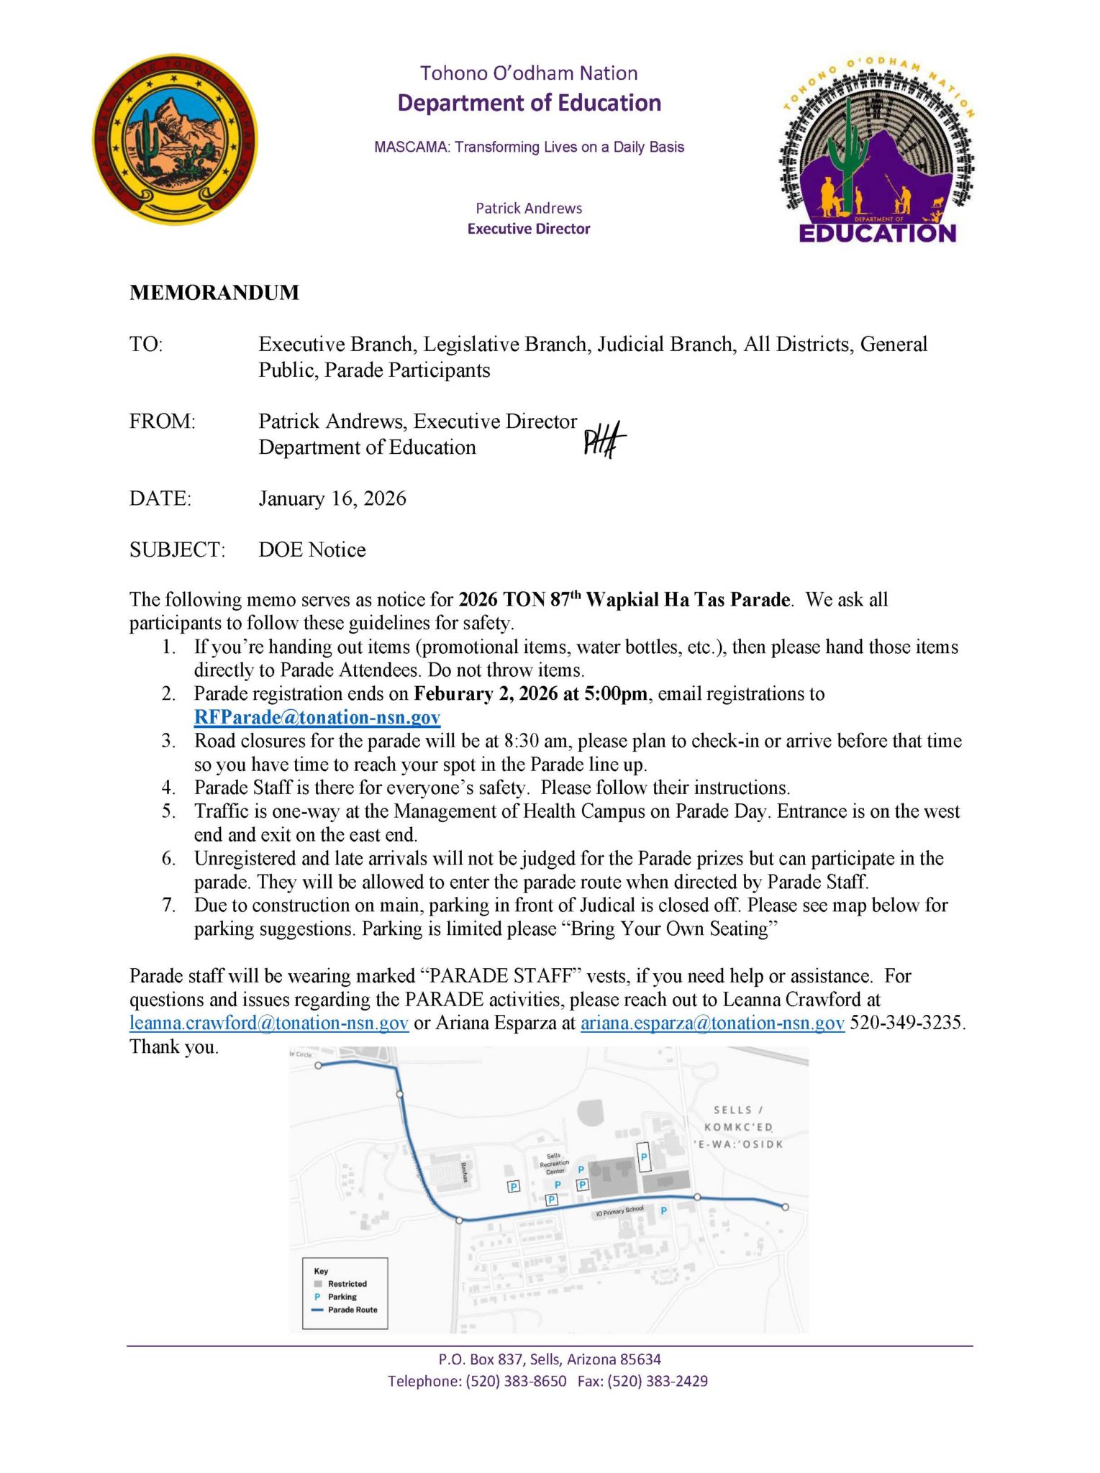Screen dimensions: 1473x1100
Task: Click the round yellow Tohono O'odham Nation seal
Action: [x=176, y=139]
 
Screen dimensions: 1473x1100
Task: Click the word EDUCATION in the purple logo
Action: [x=877, y=233]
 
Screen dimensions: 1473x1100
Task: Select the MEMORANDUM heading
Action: [x=214, y=293]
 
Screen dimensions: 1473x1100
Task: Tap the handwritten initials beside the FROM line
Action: [x=604, y=439]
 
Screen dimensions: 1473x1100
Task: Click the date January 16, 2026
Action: [x=332, y=498]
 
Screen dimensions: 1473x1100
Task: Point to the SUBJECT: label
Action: [x=177, y=550]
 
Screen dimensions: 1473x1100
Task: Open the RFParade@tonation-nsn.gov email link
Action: [x=317, y=717]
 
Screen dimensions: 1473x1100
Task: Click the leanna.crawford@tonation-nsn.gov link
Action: [x=269, y=1023]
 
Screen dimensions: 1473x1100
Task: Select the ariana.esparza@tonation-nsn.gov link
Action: [x=712, y=1023]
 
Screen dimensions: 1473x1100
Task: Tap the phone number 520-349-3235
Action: [x=906, y=1023]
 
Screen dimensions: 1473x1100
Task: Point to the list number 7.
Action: [x=169, y=905]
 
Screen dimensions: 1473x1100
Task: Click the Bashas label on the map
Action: [x=465, y=1172]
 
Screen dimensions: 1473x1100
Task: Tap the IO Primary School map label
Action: [x=620, y=1212]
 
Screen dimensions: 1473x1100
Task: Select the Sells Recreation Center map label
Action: [x=554, y=1163]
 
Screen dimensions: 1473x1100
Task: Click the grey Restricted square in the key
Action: [x=318, y=1284]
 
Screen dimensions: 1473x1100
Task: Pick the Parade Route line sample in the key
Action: [x=318, y=1310]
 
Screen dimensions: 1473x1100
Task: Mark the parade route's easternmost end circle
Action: [x=785, y=1208]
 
